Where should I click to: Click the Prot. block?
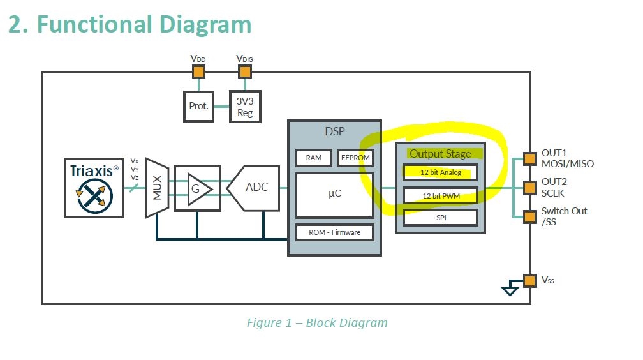point(198,106)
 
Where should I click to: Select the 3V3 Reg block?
point(245,107)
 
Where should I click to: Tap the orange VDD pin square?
point(198,71)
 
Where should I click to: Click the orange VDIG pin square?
point(245,71)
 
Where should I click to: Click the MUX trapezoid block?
point(156,188)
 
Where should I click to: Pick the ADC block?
point(255,188)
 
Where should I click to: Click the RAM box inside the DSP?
point(313,158)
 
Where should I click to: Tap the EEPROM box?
point(355,158)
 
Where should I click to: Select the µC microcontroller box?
point(334,193)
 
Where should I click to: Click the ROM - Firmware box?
point(334,232)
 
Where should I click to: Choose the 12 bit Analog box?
point(440,172)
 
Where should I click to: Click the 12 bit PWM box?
point(440,195)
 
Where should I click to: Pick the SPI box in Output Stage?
point(440,218)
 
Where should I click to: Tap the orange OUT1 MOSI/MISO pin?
point(529,158)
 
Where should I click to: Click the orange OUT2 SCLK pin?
point(529,188)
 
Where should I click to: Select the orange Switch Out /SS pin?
point(529,216)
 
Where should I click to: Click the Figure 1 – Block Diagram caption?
point(316,322)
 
